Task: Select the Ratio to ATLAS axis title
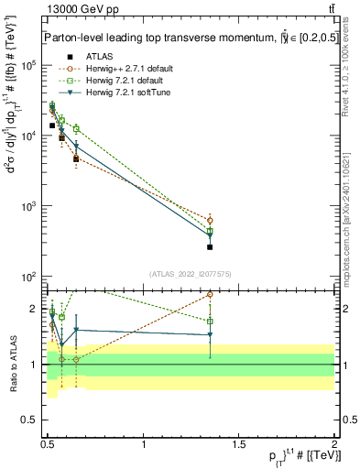[13, 364]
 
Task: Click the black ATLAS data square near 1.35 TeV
[210, 247]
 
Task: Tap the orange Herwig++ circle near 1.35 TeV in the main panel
[210, 221]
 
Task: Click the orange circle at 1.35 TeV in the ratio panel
[210, 295]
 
